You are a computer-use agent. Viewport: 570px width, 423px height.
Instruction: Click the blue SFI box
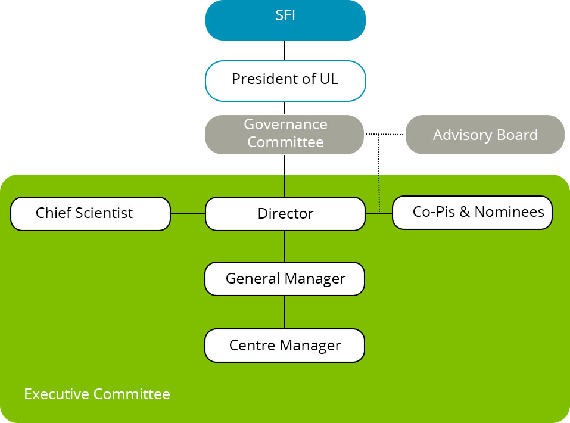coord(285,20)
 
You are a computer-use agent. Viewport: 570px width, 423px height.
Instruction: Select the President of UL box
coord(285,81)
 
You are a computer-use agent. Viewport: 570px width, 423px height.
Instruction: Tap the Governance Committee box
coord(284,135)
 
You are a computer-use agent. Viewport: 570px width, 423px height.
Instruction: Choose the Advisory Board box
coord(485,135)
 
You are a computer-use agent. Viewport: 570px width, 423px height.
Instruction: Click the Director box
coord(285,214)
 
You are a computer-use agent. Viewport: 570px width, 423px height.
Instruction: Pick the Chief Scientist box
coord(91,214)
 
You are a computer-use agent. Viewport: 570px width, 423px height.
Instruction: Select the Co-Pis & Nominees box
coord(472,213)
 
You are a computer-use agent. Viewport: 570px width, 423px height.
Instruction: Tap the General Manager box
coord(285,279)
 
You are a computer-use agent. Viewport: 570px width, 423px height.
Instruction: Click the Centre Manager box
coord(285,346)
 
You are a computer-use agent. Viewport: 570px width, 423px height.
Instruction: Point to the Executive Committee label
coord(97,394)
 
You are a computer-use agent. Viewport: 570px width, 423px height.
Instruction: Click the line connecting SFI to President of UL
coord(285,51)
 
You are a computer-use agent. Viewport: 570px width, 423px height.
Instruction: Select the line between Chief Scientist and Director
coord(188,213)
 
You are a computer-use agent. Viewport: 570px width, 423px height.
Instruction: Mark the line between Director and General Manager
coord(284,247)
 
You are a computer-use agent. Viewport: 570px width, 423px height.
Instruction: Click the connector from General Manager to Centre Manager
coord(284,312)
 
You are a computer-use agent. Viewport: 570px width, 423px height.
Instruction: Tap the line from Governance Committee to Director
coord(284,176)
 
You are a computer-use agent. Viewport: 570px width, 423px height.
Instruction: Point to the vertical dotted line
coord(379,173)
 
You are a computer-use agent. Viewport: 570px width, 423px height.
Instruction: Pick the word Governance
coord(285,125)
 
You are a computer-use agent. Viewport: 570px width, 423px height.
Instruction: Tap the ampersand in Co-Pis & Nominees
coord(465,211)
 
